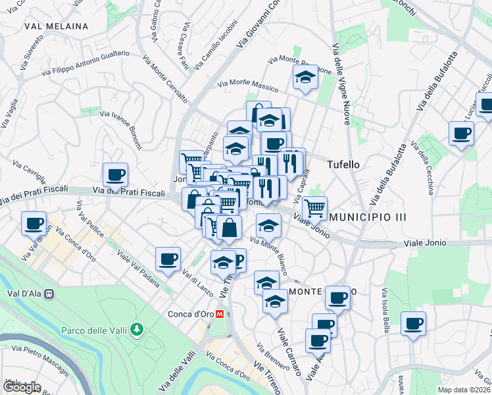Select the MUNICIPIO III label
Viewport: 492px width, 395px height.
368,217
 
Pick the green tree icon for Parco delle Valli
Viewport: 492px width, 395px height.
136,329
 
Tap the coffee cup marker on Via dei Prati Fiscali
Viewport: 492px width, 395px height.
115,175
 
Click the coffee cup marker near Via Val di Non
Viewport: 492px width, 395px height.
34,223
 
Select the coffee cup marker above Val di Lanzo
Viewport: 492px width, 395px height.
168,259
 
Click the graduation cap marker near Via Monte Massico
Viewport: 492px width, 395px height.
304,78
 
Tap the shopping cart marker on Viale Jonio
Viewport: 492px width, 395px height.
314,208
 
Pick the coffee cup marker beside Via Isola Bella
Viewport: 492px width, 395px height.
413,324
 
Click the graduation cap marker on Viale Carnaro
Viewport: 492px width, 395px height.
275,302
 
